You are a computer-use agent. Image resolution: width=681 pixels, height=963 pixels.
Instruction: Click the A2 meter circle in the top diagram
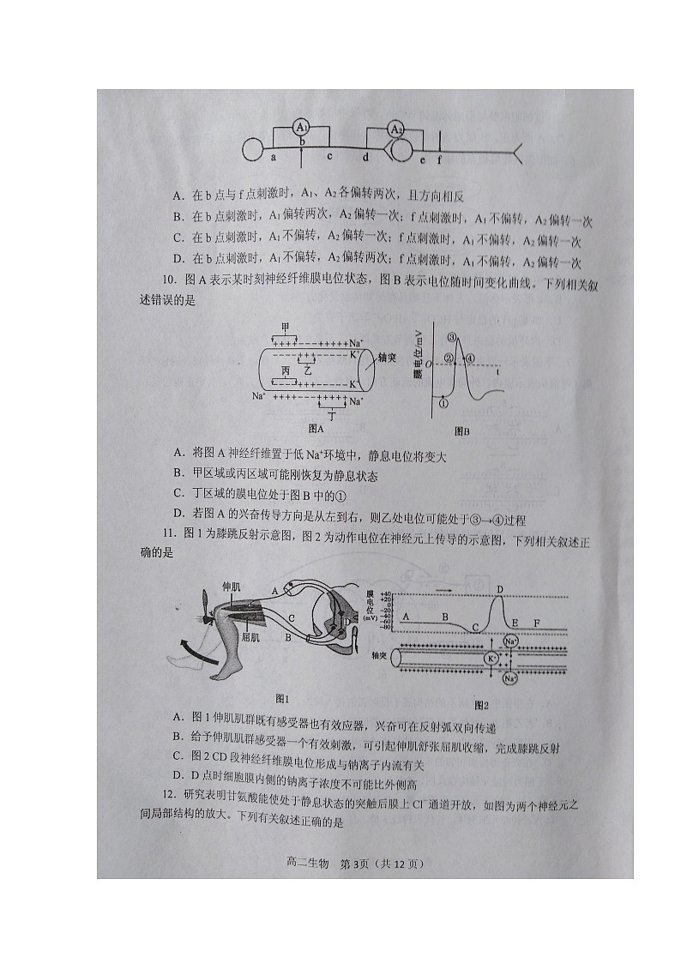point(395,129)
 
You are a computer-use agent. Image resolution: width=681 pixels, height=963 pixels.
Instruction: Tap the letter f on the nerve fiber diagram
point(440,159)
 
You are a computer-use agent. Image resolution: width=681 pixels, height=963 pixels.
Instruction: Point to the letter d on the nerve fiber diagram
point(365,159)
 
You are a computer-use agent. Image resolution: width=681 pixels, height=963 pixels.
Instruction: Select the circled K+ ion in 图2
point(491,659)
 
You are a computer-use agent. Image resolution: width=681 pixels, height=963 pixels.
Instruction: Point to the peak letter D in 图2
point(500,589)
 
